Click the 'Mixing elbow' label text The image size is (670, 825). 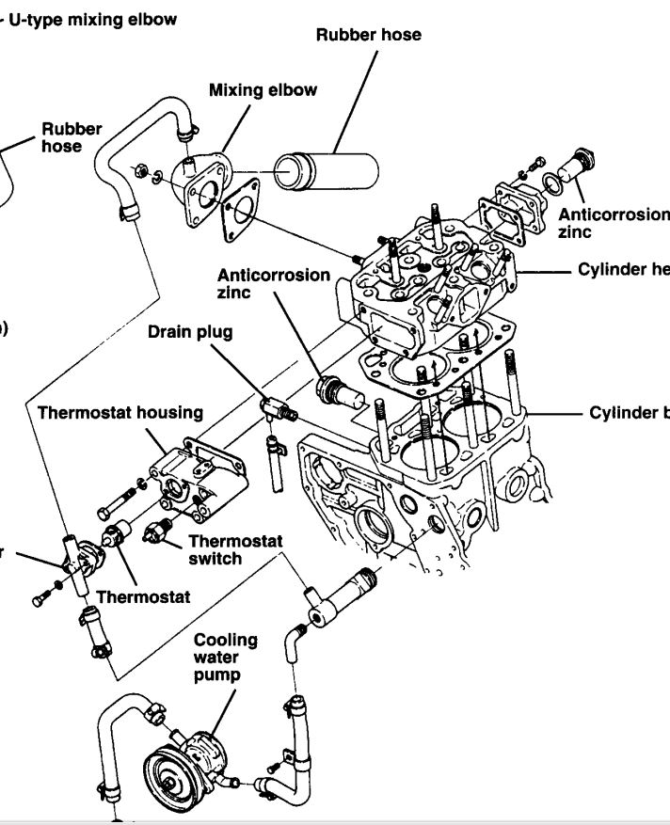[x=263, y=90]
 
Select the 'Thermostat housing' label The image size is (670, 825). [x=120, y=413]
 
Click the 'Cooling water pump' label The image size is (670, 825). [x=225, y=657]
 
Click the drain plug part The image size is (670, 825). [x=277, y=407]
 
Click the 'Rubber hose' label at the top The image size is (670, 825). [x=368, y=35]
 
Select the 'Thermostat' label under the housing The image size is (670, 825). [x=143, y=596]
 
